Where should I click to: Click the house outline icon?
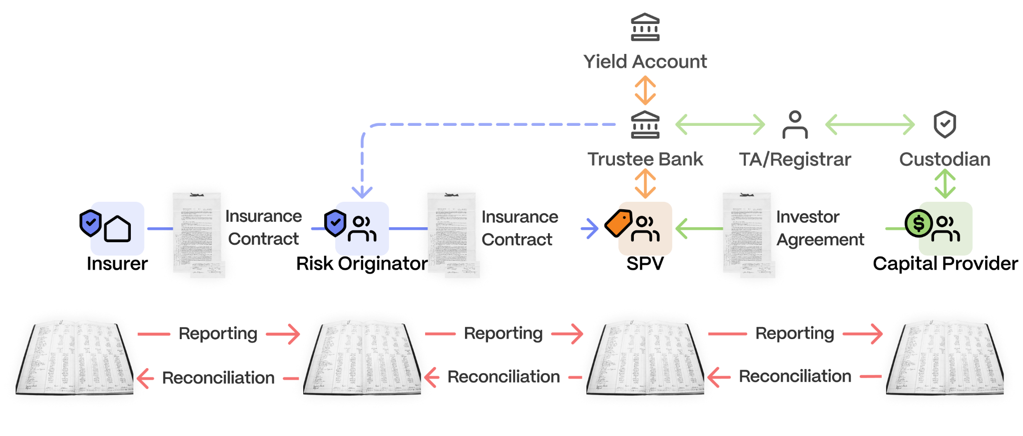118,229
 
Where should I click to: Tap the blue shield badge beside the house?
91,223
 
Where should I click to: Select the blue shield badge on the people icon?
336,223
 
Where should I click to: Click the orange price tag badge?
619,223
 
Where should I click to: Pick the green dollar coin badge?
919,223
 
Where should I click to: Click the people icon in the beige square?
645,229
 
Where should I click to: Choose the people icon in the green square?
946,229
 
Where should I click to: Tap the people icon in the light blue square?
362,229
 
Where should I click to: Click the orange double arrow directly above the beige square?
645,183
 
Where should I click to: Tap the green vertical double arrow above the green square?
945,183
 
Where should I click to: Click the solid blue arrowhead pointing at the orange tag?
593,229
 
